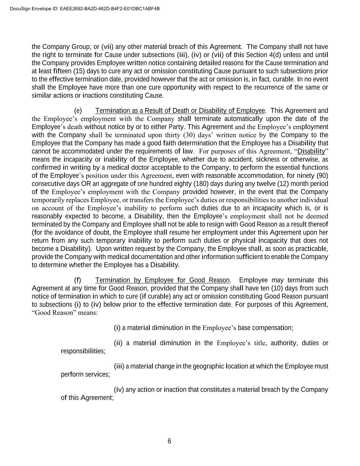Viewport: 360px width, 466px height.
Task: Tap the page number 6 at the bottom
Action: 169,441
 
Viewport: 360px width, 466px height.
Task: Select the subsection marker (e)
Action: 78,111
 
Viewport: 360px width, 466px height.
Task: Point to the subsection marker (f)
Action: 78,280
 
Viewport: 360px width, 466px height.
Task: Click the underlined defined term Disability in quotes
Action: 311,151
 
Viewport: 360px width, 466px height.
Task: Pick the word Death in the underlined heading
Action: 181,111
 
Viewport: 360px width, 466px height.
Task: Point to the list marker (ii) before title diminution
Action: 118,343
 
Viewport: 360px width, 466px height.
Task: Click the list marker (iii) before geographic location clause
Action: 119,366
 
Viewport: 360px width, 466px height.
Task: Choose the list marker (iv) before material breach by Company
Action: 119,390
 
